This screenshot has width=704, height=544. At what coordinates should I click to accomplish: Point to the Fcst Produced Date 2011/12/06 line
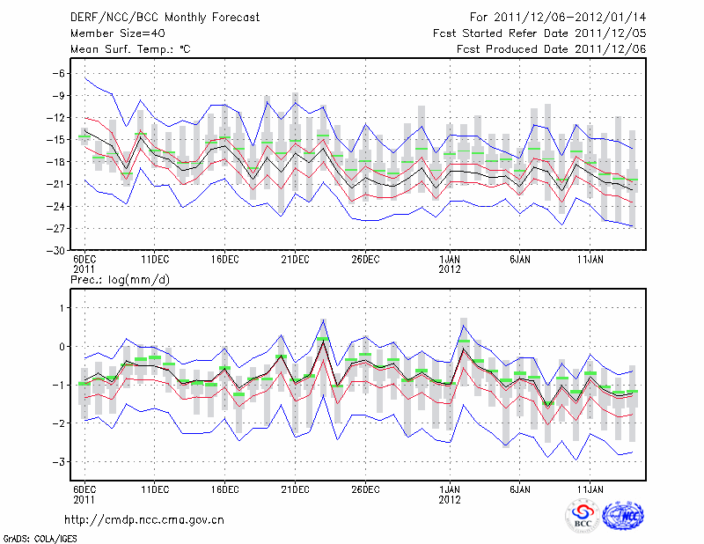tap(551, 49)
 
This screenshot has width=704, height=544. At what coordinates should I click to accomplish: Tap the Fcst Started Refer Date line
tap(539, 33)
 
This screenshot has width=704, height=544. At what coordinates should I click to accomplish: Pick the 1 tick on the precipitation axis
tap(61, 307)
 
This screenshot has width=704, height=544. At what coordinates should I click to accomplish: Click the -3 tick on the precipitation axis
tap(57, 461)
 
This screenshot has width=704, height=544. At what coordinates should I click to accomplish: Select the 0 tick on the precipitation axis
tap(61, 346)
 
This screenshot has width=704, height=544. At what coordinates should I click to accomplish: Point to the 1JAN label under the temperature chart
tap(450, 260)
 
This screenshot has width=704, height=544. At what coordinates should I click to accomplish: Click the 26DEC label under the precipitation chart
tap(365, 488)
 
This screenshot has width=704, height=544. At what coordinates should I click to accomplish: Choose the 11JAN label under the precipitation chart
tap(590, 488)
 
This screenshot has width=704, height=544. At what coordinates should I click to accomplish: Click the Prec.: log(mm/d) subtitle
tap(120, 279)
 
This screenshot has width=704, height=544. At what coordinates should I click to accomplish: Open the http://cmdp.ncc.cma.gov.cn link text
tap(144, 519)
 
